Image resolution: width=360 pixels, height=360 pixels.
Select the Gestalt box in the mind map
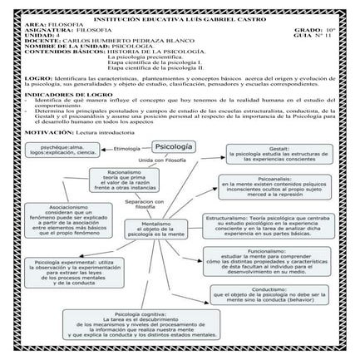[273, 153]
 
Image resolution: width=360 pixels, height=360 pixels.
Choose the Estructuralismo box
[268, 225]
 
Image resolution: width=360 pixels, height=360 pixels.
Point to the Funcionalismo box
[273, 260]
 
